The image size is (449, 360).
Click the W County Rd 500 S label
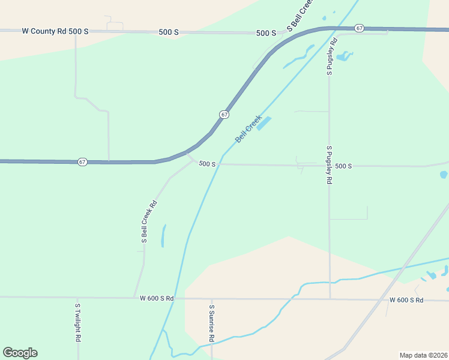tap(55, 31)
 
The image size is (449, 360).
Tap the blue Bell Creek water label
tap(249, 129)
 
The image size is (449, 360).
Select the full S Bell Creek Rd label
tap(149, 221)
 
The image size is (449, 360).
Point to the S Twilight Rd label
tap(77, 323)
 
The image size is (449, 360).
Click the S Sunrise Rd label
tap(211, 323)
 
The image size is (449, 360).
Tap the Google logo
tap(20, 353)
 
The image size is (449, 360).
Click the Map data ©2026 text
tap(423, 355)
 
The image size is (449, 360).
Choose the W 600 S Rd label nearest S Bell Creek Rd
tap(157, 298)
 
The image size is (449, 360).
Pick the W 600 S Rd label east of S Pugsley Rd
tap(406, 300)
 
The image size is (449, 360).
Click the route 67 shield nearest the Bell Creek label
tap(223, 114)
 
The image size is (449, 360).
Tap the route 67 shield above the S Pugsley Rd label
tap(359, 28)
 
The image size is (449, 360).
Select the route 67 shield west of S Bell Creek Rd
tap(82, 162)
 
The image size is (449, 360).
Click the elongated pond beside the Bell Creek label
tap(264, 123)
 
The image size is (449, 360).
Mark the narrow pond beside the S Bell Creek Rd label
tap(163, 236)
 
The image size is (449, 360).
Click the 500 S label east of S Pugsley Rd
tap(343, 166)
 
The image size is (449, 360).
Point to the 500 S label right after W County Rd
tap(169, 32)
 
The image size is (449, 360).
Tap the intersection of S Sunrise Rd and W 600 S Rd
tap(211, 299)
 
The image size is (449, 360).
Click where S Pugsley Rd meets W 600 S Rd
tap(330, 299)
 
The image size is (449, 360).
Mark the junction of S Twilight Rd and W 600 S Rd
tap(77, 298)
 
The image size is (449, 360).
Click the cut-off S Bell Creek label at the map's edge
tap(301, 15)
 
